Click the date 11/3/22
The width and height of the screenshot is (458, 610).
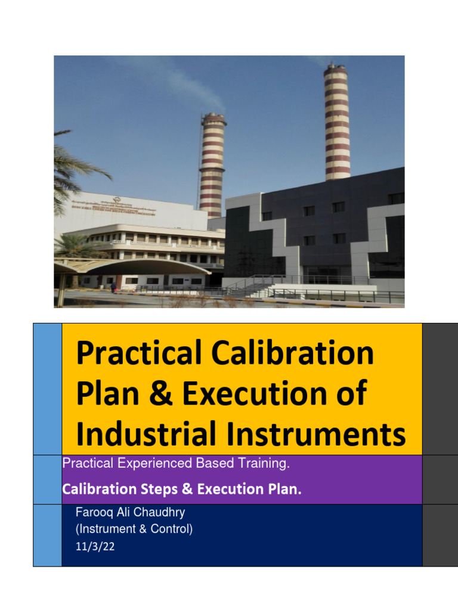pos(95,546)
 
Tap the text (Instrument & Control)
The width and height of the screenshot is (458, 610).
pos(134,529)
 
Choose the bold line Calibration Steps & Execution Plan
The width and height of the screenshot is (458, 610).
pos(182,489)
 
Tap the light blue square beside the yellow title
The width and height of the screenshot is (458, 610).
pos(47,389)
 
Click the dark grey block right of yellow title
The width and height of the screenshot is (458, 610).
pos(440,389)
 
